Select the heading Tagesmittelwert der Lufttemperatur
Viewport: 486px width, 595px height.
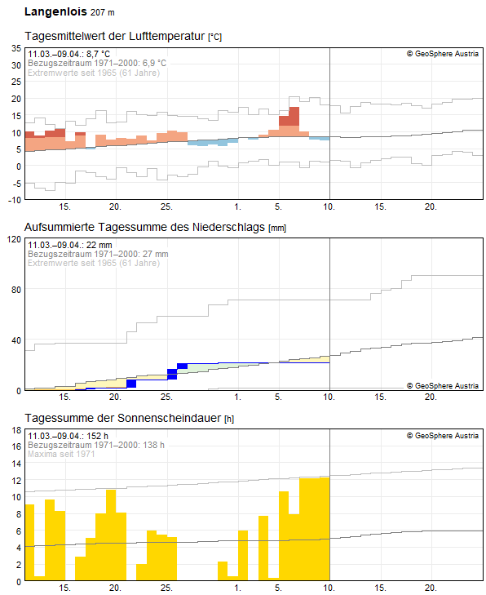(x=115, y=37)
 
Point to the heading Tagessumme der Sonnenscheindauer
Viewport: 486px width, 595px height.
(x=122, y=418)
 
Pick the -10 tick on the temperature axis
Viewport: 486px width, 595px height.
(x=15, y=199)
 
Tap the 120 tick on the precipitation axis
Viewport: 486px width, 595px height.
(x=14, y=239)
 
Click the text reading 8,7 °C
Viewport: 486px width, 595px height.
(x=96, y=54)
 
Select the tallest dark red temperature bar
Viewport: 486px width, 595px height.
(x=294, y=116)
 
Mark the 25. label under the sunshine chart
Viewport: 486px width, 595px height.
(x=166, y=588)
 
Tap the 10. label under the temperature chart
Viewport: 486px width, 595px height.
(x=329, y=206)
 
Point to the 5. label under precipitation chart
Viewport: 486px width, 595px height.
(x=279, y=397)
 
